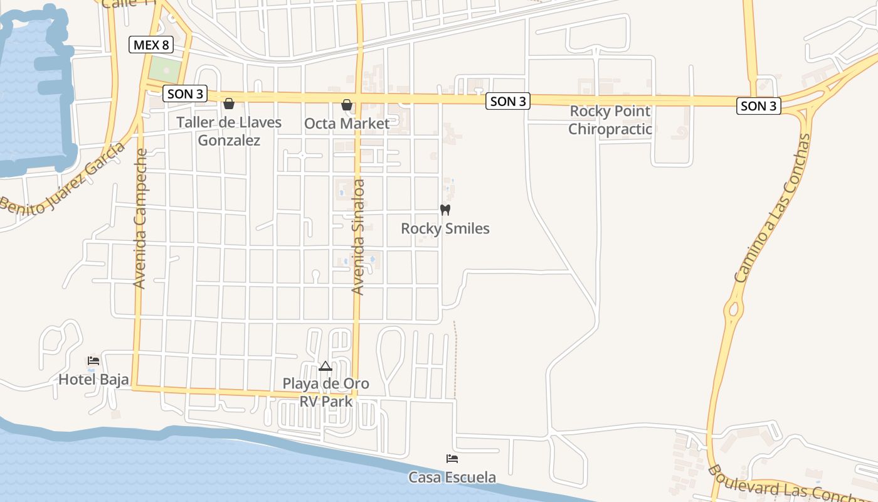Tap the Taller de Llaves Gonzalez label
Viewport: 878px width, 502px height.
pyautogui.click(x=229, y=131)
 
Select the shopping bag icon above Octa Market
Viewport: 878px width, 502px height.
pyautogui.click(x=347, y=105)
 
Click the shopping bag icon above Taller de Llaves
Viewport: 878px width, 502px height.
pyautogui.click(x=229, y=104)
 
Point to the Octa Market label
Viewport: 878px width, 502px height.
pyautogui.click(x=347, y=124)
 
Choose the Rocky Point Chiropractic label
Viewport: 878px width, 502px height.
pyautogui.click(x=610, y=120)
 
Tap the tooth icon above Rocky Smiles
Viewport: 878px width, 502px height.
pyautogui.click(x=445, y=210)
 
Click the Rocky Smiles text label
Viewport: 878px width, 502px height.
pyautogui.click(x=445, y=228)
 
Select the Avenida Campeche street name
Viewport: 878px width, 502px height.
pyautogui.click(x=140, y=218)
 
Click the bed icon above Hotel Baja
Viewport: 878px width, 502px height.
pyautogui.click(x=93, y=361)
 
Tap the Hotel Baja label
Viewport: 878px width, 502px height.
pyautogui.click(x=93, y=379)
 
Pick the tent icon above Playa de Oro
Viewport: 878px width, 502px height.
pyautogui.click(x=325, y=366)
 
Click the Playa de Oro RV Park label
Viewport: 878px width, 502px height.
pyautogui.click(x=325, y=392)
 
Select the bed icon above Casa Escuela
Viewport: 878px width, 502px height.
pyautogui.click(x=452, y=459)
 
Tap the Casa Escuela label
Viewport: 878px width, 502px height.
pyautogui.click(x=452, y=478)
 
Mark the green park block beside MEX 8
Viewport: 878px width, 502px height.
pyautogui.click(x=163, y=69)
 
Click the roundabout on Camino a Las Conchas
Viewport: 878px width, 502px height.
pyautogui.click(x=731, y=309)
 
